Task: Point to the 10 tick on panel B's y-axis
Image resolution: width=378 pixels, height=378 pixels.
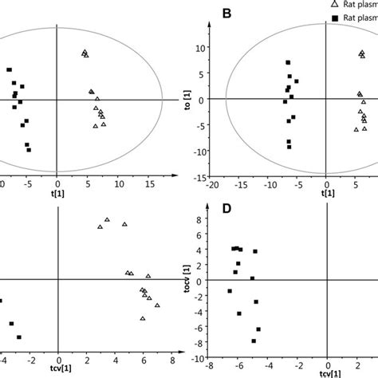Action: tap(199, 47)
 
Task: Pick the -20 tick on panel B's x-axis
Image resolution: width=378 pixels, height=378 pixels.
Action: tap(211, 185)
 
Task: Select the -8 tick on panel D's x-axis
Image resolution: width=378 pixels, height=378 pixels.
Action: tap(208, 369)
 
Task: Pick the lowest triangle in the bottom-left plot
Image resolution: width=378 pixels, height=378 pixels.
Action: tap(143, 318)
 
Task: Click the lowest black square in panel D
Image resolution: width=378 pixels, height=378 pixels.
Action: tap(254, 341)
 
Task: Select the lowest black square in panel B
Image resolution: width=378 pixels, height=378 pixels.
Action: tap(289, 147)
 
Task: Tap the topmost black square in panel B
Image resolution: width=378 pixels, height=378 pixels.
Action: tap(289, 62)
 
